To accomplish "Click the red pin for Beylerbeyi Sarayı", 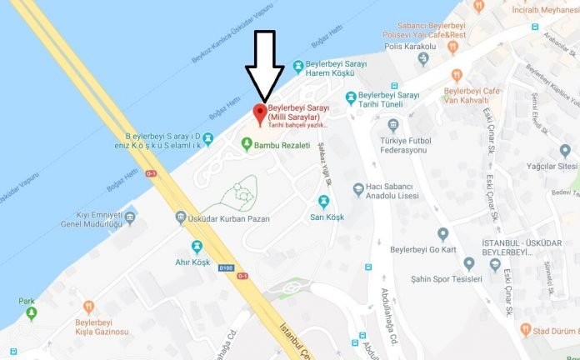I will [x=259, y=112].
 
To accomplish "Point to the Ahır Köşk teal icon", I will [x=197, y=246].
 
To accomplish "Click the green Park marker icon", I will [x=32, y=313].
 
